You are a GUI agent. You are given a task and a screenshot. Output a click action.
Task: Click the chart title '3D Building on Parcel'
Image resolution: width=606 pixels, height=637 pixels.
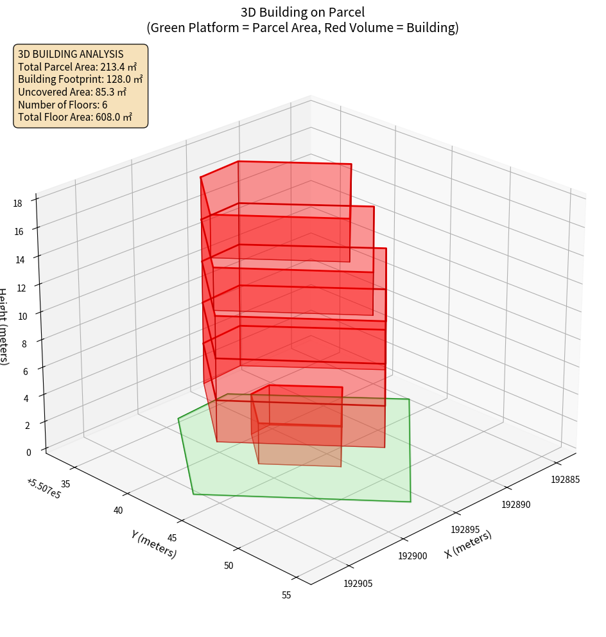(302, 12)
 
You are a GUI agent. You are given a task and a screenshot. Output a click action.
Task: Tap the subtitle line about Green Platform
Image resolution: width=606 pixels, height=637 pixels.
(302, 28)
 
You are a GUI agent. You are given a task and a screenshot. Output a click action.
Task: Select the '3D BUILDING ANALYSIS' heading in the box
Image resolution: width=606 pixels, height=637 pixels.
(71, 54)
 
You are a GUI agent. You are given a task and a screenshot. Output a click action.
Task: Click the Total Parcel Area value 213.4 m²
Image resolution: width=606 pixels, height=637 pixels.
(119, 67)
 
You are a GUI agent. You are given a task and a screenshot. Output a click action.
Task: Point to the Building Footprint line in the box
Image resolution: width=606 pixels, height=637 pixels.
(80, 79)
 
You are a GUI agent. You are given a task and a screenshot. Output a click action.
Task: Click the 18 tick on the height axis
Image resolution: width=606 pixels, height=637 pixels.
(17, 203)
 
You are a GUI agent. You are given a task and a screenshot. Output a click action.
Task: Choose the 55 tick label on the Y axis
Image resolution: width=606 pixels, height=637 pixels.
(286, 595)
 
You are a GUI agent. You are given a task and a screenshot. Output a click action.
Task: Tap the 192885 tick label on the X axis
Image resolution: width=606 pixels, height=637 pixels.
(566, 479)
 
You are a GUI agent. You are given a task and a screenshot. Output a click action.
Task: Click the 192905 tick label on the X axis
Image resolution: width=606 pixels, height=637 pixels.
(358, 583)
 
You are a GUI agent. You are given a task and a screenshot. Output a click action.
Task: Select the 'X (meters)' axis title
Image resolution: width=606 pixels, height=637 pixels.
(468, 545)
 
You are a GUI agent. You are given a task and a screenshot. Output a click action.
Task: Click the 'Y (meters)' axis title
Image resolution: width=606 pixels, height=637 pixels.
(154, 545)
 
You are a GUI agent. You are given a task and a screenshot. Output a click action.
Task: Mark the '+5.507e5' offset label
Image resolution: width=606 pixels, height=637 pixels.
(44, 488)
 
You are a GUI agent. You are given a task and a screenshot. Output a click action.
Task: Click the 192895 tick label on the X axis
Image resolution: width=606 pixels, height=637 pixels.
(465, 530)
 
